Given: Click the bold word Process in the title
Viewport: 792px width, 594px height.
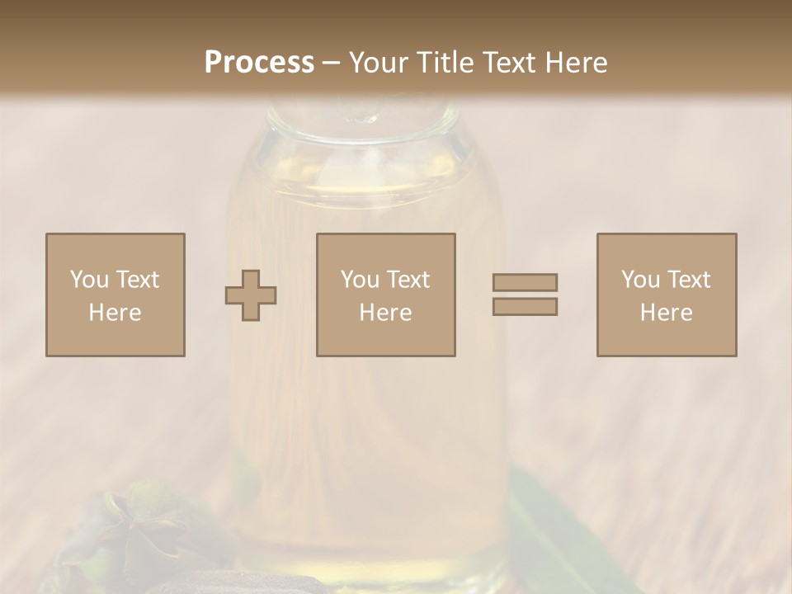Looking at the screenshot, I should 259,63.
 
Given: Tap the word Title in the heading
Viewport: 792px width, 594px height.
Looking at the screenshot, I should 446,63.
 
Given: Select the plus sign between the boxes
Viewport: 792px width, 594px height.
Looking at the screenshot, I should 251,295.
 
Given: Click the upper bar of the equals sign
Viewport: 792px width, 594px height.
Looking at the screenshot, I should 525,282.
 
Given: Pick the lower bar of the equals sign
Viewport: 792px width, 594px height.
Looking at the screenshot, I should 525,307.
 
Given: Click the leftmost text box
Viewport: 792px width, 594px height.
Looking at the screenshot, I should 115,295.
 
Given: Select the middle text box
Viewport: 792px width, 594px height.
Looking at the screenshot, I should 385,295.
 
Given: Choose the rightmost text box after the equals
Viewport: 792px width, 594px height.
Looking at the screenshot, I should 666,295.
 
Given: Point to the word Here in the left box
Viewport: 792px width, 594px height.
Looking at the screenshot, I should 115,313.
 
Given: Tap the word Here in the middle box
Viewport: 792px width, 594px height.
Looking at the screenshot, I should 385,313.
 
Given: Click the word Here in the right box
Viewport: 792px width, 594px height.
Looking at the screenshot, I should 666,313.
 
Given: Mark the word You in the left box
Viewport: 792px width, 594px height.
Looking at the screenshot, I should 89,280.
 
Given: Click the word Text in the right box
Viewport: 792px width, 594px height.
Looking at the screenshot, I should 689,280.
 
